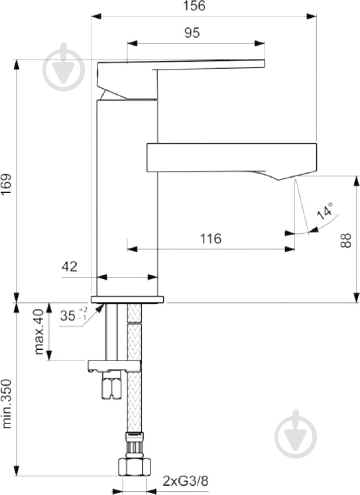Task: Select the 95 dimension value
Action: [192, 33]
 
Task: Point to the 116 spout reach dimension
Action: [210, 239]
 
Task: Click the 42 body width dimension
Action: [70, 267]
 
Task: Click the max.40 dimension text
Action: [40, 331]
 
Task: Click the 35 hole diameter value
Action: [68, 315]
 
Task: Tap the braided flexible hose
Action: [133, 398]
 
